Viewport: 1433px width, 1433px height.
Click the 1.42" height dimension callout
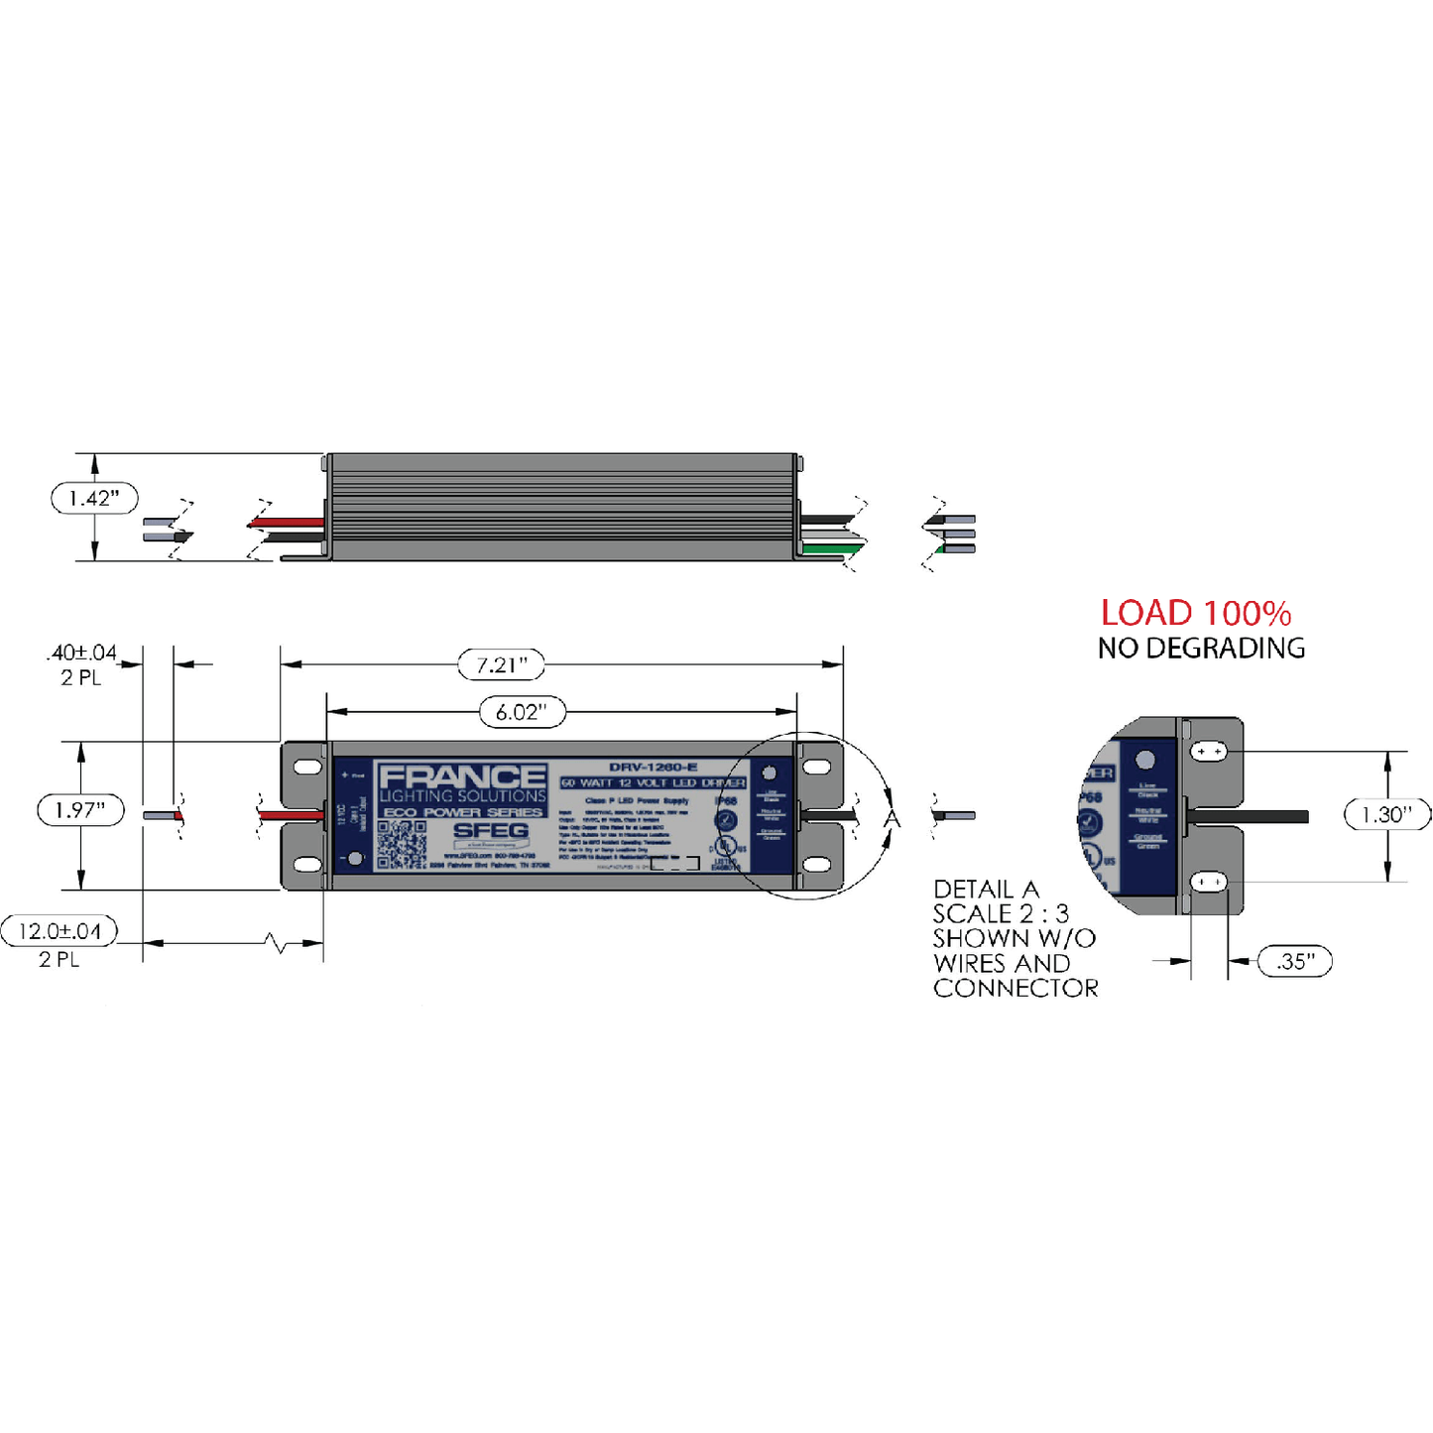(x=94, y=498)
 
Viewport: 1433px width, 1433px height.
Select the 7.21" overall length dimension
(x=502, y=664)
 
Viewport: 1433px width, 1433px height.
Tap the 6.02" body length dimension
(x=522, y=711)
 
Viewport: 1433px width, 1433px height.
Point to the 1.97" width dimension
(x=80, y=810)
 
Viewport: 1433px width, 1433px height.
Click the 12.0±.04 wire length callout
(x=60, y=931)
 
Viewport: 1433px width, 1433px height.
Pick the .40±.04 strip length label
(x=81, y=654)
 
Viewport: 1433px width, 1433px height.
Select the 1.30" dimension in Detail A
(x=1386, y=815)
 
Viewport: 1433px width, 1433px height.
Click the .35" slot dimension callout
(x=1295, y=961)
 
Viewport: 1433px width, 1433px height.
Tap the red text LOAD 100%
(x=1196, y=613)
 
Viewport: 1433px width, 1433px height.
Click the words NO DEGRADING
(x=1201, y=649)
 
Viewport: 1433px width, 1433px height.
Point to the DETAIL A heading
(x=986, y=890)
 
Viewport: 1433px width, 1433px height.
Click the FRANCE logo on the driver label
(x=462, y=776)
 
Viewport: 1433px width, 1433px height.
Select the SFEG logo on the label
(x=491, y=831)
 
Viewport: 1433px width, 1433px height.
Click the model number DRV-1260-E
(x=653, y=767)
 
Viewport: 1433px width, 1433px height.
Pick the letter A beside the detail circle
(x=893, y=819)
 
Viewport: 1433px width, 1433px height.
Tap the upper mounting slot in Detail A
(x=1209, y=752)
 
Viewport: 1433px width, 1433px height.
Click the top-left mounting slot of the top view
(x=307, y=767)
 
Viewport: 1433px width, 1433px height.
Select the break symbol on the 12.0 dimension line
(x=280, y=943)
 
